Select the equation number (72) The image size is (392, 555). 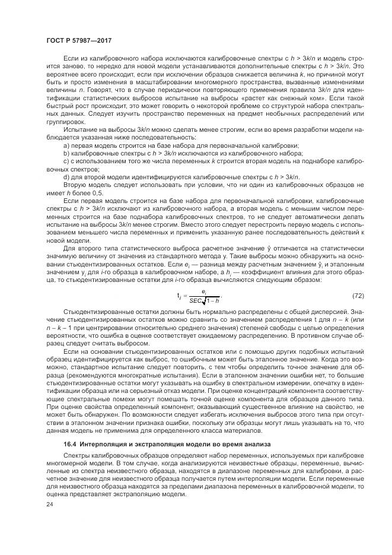[x=358, y=295]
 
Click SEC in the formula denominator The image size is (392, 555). [x=190, y=300]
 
